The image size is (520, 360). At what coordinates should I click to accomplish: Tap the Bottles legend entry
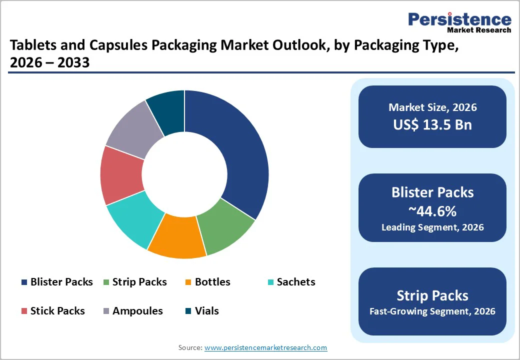tap(207, 282)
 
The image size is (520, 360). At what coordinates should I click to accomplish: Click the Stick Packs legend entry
tap(52, 311)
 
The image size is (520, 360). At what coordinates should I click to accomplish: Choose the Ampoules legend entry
tap(132, 311)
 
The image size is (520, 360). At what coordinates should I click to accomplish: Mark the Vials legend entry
tap(202, 311)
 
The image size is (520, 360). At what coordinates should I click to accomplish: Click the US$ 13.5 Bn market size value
tap(432, 124)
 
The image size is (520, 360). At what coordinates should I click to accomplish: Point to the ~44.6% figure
tap(432, 211)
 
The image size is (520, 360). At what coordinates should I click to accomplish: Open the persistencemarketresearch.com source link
tap(265, 347)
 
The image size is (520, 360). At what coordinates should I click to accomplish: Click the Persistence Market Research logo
tap(459, 22)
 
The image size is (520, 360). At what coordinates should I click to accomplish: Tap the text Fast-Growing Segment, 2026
tap(432, 311)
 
